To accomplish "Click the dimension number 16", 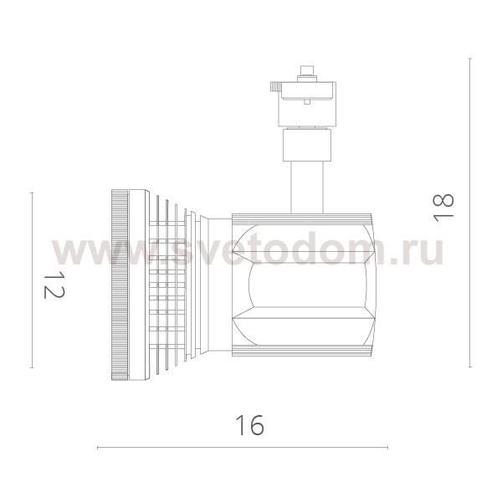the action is coord(249,425).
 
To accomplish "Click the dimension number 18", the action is coord(443,208).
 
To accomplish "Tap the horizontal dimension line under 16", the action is coord(243,448).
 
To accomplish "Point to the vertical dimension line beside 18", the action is coord(470,213).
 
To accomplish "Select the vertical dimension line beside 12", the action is coord(32,280).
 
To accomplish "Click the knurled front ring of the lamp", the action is coord(120,285).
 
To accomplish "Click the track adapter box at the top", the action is coord(307,104).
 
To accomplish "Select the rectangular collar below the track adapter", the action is coord(307,145).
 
